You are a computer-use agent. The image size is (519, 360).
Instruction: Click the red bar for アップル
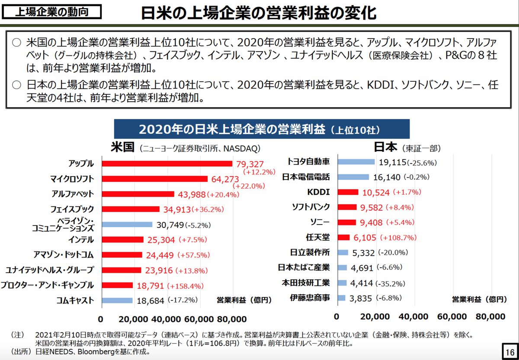pyautogui.click(x=167, y=164)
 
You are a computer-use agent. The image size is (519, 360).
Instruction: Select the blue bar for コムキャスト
pyautogui.click(x=117, y=300)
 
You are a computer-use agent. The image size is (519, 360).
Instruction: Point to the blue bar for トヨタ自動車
pyautogui.click(x=356, y=162)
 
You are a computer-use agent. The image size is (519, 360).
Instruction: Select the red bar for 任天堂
pyautogui.click(x=343, y=238)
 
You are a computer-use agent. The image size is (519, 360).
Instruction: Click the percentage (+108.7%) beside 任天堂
pyautogui.click(x=398, y=238)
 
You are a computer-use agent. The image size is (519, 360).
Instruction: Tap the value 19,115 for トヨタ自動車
pyautogui.click(x=392, y=162)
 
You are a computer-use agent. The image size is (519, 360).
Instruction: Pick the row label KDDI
pyautogui.click(x=320, y=192)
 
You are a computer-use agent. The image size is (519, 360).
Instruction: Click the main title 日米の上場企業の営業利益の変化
pyautogui.click(x=258, y=13)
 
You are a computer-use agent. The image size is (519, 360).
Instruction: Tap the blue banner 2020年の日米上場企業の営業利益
pyautogui.click(x=261, y=129)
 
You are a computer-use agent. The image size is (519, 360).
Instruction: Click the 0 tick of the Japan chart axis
pyautogui.click(x=337, y=316)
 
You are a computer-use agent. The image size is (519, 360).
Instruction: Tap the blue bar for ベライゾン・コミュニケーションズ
pyautogui.click(x=127, y=225)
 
